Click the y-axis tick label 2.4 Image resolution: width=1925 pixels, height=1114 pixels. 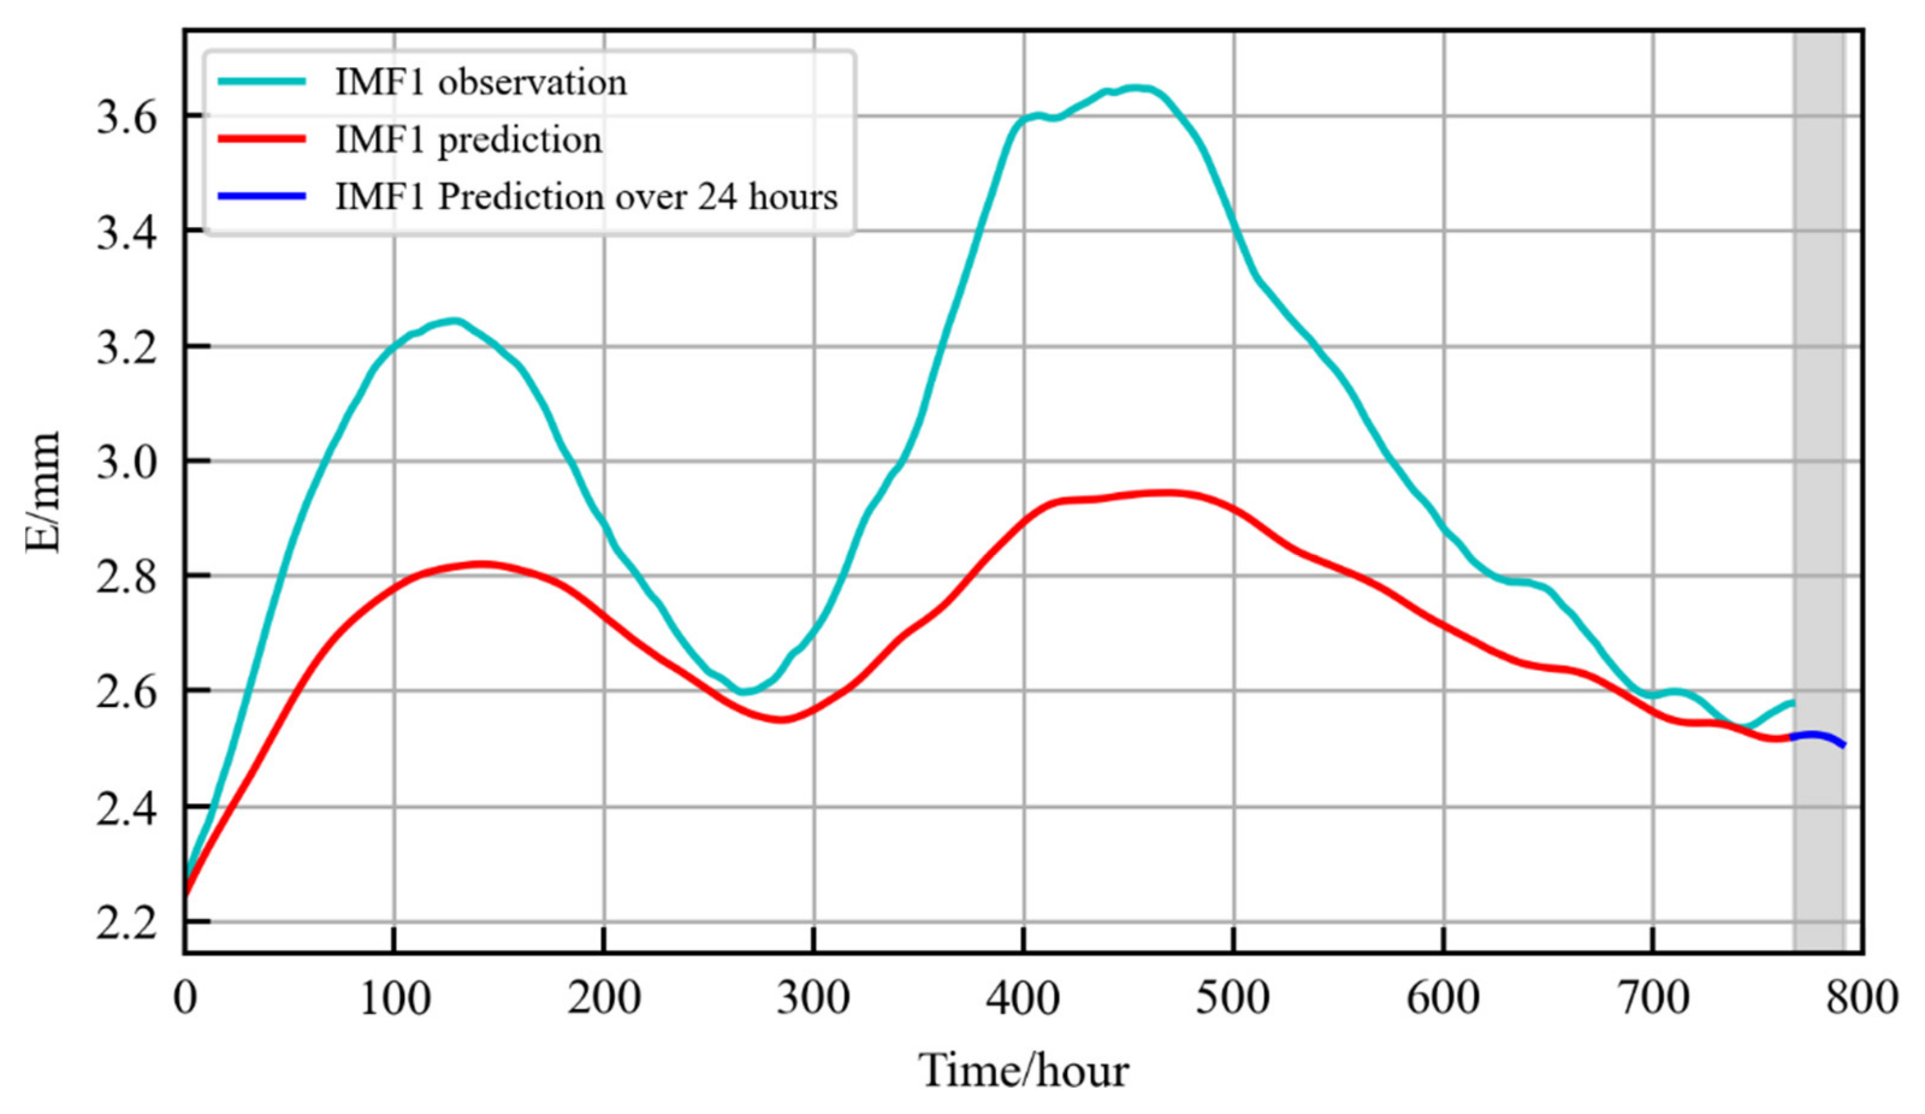[127, 809]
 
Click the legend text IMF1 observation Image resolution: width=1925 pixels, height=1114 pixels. [481, 82]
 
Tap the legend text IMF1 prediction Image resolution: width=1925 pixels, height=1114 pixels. [468, 139]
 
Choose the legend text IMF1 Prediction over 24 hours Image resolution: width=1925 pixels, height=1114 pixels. [586, 197]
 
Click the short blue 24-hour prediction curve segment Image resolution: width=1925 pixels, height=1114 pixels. [1818, 735]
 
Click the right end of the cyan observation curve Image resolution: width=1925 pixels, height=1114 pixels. [1792, 701]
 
